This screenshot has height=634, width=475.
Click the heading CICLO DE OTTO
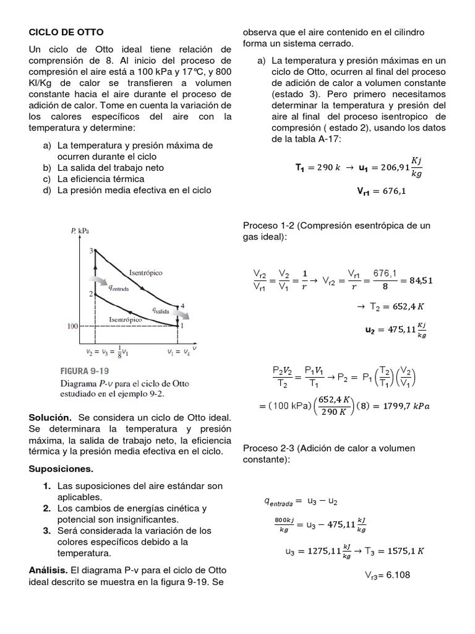67,32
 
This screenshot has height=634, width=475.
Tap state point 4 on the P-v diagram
179,306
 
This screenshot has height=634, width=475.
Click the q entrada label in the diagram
118,287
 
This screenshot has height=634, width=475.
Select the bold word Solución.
49,419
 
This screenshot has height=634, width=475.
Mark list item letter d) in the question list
46,190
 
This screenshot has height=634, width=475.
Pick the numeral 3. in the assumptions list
47,531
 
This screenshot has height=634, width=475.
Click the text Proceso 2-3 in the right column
267,448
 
